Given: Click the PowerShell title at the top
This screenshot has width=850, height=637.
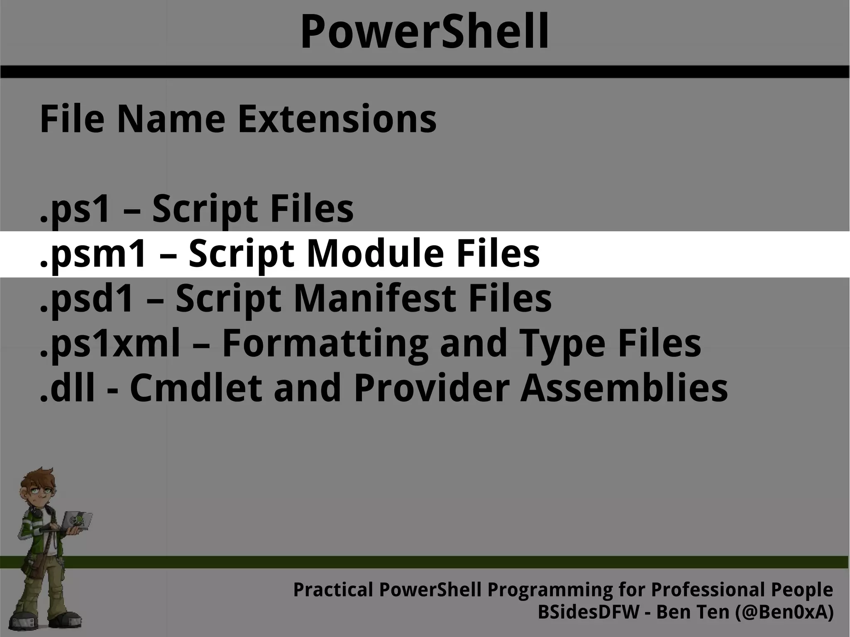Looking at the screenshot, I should pyautogui.click(x=425, y=32).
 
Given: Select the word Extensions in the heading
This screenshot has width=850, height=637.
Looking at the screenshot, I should pyautogui.click(x=337, y=120).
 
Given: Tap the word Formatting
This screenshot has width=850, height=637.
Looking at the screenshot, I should pyautogui.click(x=325, y=344).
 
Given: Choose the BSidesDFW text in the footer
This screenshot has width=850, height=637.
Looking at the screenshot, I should pyautogui.click(x=588, y=613).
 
